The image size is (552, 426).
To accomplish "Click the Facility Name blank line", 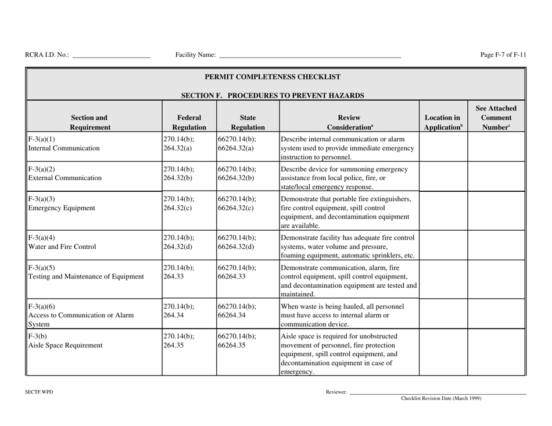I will point(310,56).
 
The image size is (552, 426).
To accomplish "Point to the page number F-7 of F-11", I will point(503,55).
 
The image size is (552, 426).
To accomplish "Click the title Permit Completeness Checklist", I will point(276,77).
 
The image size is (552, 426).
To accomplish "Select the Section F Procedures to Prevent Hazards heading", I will point(276,95).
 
